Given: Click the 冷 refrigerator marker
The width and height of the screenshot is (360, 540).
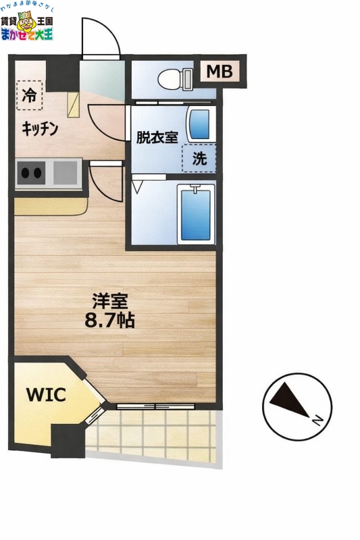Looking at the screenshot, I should click(x=29, y=95).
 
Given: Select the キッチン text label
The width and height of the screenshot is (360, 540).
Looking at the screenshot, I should click(x=40, y=129).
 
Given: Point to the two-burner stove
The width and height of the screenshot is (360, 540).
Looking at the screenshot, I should click(x=30, y=173).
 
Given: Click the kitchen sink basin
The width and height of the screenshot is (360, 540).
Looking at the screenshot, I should click(x=66, y=173).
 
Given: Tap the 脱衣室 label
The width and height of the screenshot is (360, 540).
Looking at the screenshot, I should click(x=157, y=138).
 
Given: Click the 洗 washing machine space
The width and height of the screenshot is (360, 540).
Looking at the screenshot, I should click(x=200, y=159).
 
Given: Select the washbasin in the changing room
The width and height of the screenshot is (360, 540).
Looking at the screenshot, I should click(x=198, y=124).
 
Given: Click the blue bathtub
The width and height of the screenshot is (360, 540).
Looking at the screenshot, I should click(x=196, y=214).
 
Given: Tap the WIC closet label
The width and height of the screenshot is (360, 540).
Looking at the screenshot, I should click(x=46, y=394).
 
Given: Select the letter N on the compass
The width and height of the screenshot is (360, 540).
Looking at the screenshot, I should click(x=316, y=421).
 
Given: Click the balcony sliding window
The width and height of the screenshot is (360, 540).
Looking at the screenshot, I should click(x=155, y=407).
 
